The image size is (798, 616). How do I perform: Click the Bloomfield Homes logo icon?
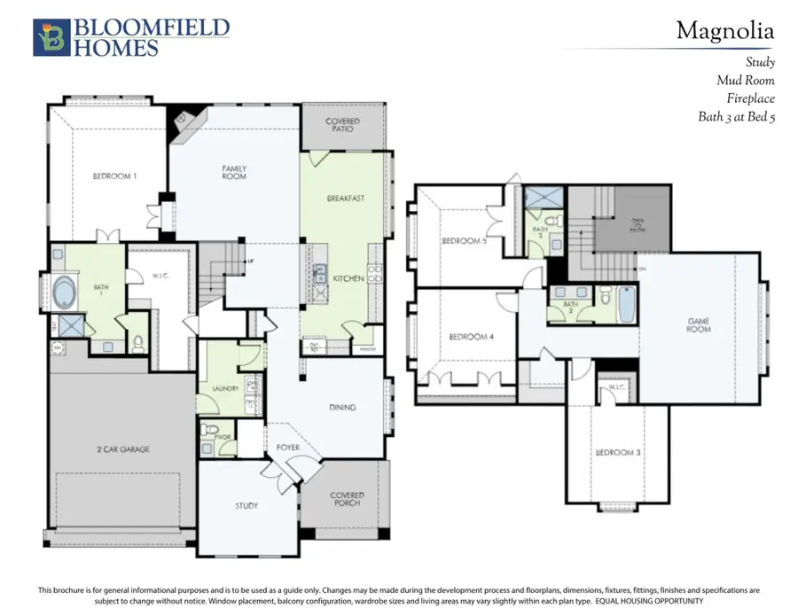(49, 38)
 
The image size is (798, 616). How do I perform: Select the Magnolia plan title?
(724, 31)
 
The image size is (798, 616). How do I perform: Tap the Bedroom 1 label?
(115, 176)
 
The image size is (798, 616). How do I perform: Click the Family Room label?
(234, 172)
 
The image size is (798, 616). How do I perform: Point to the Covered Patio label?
(342, 125)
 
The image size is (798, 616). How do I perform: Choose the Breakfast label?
(346, 199)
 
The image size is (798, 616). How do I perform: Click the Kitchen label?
(348, 278)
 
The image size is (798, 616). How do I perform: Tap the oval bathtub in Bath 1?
(66, 292)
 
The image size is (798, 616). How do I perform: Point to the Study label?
(246, 506)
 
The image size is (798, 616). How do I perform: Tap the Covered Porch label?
(346, 501)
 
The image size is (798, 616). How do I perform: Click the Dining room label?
(342, 408)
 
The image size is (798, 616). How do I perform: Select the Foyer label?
(289, 448)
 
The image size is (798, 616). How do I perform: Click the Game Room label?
(700, 325)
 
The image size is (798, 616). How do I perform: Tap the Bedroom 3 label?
(617, 453)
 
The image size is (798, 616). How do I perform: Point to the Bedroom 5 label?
(464, 241)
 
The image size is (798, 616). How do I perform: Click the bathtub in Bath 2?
(625, 303)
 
